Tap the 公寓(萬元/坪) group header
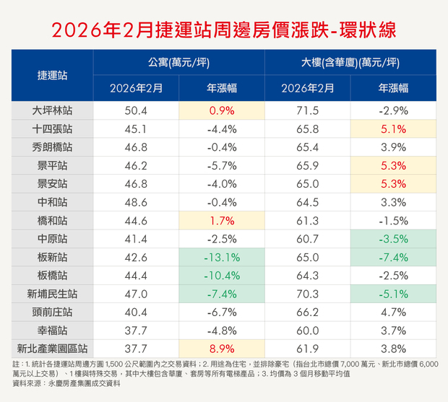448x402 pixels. coord(178,63)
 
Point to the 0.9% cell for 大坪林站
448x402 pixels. coord(222,111)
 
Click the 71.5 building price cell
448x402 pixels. coord(307,111)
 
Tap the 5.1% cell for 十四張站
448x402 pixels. coord(394,130)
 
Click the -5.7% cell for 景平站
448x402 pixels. coord(222,166)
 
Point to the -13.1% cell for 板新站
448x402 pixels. coord(222,257)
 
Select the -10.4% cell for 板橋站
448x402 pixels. coord(222,275)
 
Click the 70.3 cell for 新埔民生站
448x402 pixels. coord(307,294)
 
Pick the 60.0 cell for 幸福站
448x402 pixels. coord(307,330)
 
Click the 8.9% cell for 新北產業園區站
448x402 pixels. coord(222,348)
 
